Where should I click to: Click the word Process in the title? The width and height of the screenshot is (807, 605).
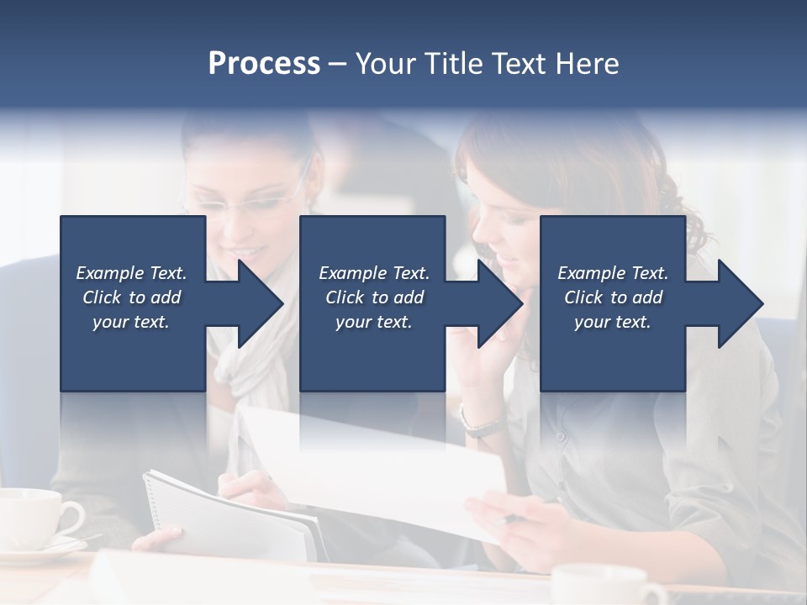264,64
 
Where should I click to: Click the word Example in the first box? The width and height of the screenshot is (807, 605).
110,273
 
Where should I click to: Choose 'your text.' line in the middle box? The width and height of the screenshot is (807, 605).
373,322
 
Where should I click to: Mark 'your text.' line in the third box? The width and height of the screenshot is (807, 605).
612,322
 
